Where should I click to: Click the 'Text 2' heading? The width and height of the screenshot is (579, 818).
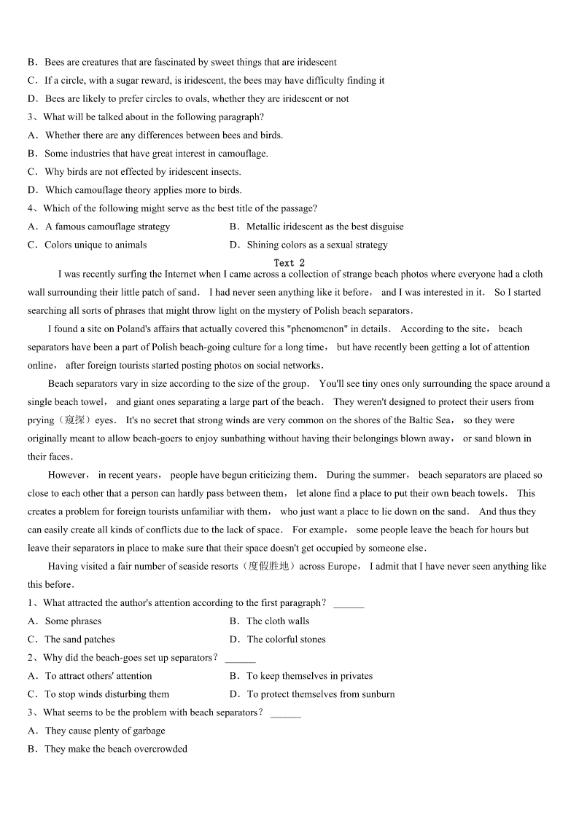(289, 263)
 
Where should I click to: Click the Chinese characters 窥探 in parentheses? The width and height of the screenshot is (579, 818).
(75, 420)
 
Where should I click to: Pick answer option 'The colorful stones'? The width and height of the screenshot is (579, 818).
(286, 640)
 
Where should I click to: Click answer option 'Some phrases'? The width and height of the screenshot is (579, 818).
(73, 621)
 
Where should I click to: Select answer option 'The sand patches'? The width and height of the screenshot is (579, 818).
(79, 640)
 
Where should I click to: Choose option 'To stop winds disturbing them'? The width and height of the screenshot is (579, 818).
(106, 694)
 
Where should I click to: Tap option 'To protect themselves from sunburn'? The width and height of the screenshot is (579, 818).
(320, 694)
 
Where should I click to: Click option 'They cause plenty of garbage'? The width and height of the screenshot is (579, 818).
(105, 731)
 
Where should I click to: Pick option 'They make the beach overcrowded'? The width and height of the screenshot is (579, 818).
(115, 749)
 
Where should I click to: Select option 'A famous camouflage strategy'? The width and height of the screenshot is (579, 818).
(107, 227)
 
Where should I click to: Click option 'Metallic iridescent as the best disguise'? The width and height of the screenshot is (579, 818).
(325, 227)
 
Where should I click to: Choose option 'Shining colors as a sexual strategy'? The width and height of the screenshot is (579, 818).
(316, 245)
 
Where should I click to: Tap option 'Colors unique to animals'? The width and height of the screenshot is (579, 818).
(96, 245)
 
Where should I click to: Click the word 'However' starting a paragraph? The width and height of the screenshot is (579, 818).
(67, 475)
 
